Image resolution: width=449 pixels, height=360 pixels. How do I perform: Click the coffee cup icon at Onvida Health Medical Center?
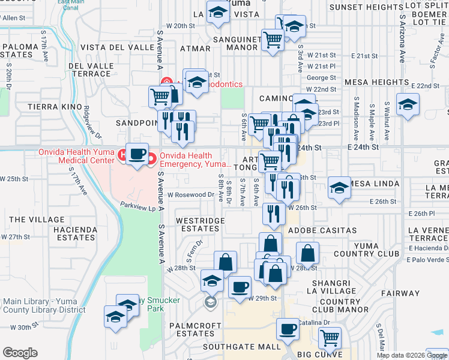coord(137,154)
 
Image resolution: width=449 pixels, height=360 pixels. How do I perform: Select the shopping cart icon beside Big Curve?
coord(330,338)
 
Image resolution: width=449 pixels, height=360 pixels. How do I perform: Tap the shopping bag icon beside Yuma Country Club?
coord(307,253)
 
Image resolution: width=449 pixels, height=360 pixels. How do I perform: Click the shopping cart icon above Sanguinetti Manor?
coord(273,40)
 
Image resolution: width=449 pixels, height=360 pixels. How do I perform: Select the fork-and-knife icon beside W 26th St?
coord(274,214)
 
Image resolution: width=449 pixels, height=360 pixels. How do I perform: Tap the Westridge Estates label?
coord(200,225)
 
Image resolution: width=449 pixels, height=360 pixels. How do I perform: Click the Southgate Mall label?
coord(241,347)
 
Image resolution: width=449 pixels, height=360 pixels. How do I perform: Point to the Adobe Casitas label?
coord(322,230)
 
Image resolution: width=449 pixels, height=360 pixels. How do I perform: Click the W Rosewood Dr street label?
coord(190,194)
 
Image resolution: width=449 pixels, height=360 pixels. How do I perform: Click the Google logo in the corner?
coord(20,352)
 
